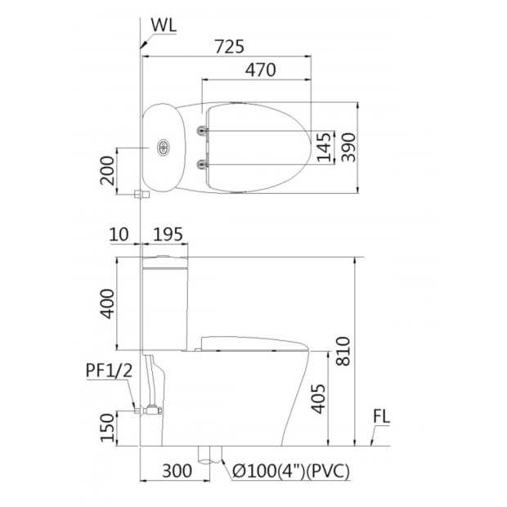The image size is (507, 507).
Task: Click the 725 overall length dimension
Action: coord(229,47)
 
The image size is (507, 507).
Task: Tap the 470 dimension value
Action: coord(260,70)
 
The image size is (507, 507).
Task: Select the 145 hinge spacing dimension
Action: coord(325,147)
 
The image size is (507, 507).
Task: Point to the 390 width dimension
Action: coord(349,147)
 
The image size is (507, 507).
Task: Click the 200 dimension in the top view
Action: coord(107,170)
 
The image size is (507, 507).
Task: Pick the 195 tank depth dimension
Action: coord(168,234)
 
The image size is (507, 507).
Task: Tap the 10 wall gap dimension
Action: coord(119,234)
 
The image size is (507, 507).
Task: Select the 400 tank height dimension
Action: coord(107,303)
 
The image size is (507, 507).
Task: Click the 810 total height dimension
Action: coord(343,351)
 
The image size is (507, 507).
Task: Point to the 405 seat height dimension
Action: coord(318,399)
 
